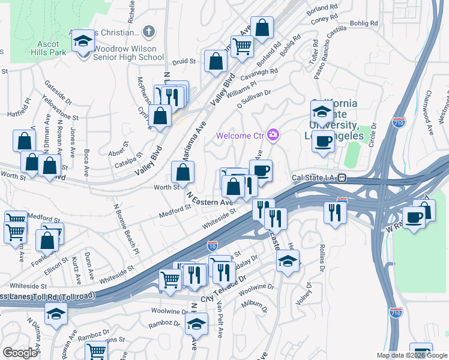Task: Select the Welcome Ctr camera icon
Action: click(274, 135)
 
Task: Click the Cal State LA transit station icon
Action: click(342, 178)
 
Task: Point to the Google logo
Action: click(19, 352)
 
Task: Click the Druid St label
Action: click(185, 61)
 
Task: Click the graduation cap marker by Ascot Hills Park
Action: click(83, 41)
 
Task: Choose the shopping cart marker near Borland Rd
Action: click(242, 46)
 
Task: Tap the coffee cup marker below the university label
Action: click(324, 142)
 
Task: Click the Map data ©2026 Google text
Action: click(411, 355)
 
